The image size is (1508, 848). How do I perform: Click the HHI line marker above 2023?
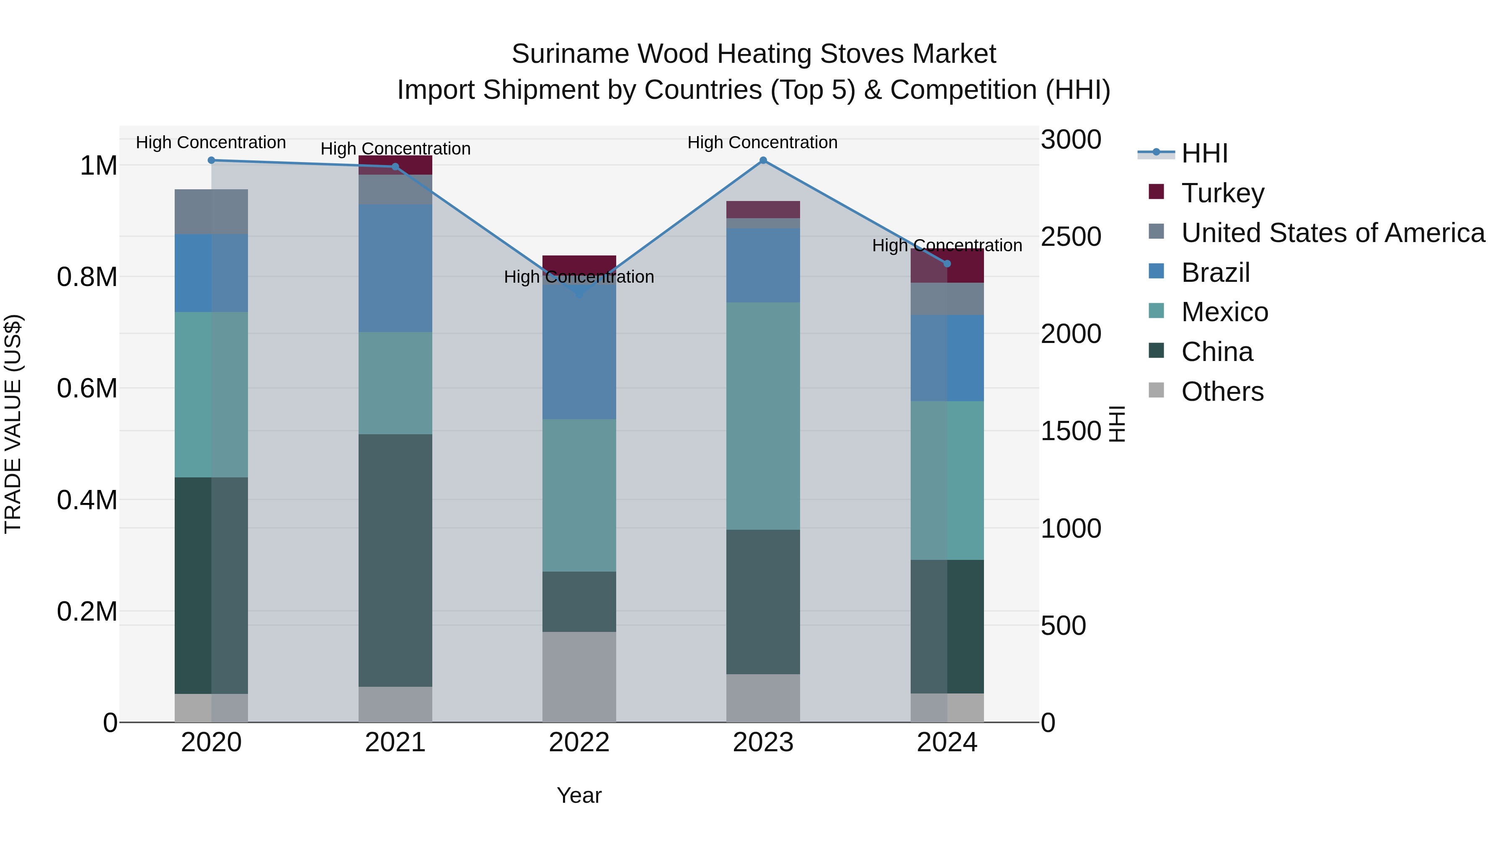click(763, 160)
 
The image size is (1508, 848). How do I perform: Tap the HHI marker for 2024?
click(947, 264)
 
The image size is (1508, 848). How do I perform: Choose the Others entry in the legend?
click(1222, 392)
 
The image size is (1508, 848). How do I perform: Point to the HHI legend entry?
click(1204, 153)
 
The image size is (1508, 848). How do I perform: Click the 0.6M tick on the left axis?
click(87, 389)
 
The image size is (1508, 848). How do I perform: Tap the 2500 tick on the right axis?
click(1071, 237)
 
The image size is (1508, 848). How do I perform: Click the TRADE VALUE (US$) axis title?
click(13, 424)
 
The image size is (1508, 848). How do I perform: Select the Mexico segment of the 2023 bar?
click(763, 416)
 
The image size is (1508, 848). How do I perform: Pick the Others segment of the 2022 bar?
click(579, 677)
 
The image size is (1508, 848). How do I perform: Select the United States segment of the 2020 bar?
click(212, 212)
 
